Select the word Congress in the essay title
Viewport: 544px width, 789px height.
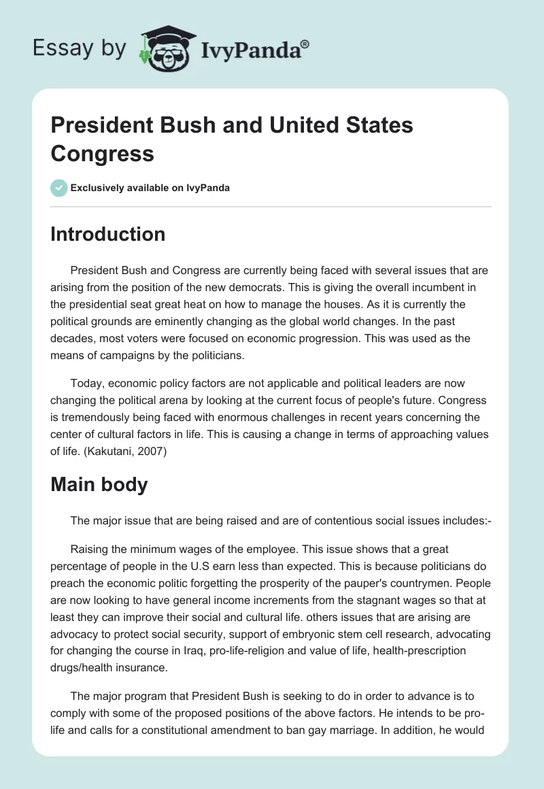click(x=102, y=153)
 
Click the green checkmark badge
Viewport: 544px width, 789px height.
click(x=59, y=188)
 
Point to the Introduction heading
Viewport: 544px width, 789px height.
click(x=108, y=234)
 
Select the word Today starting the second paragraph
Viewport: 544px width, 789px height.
click(x=86, y=383)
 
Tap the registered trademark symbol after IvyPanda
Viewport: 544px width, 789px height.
click(x=305, y=43)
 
